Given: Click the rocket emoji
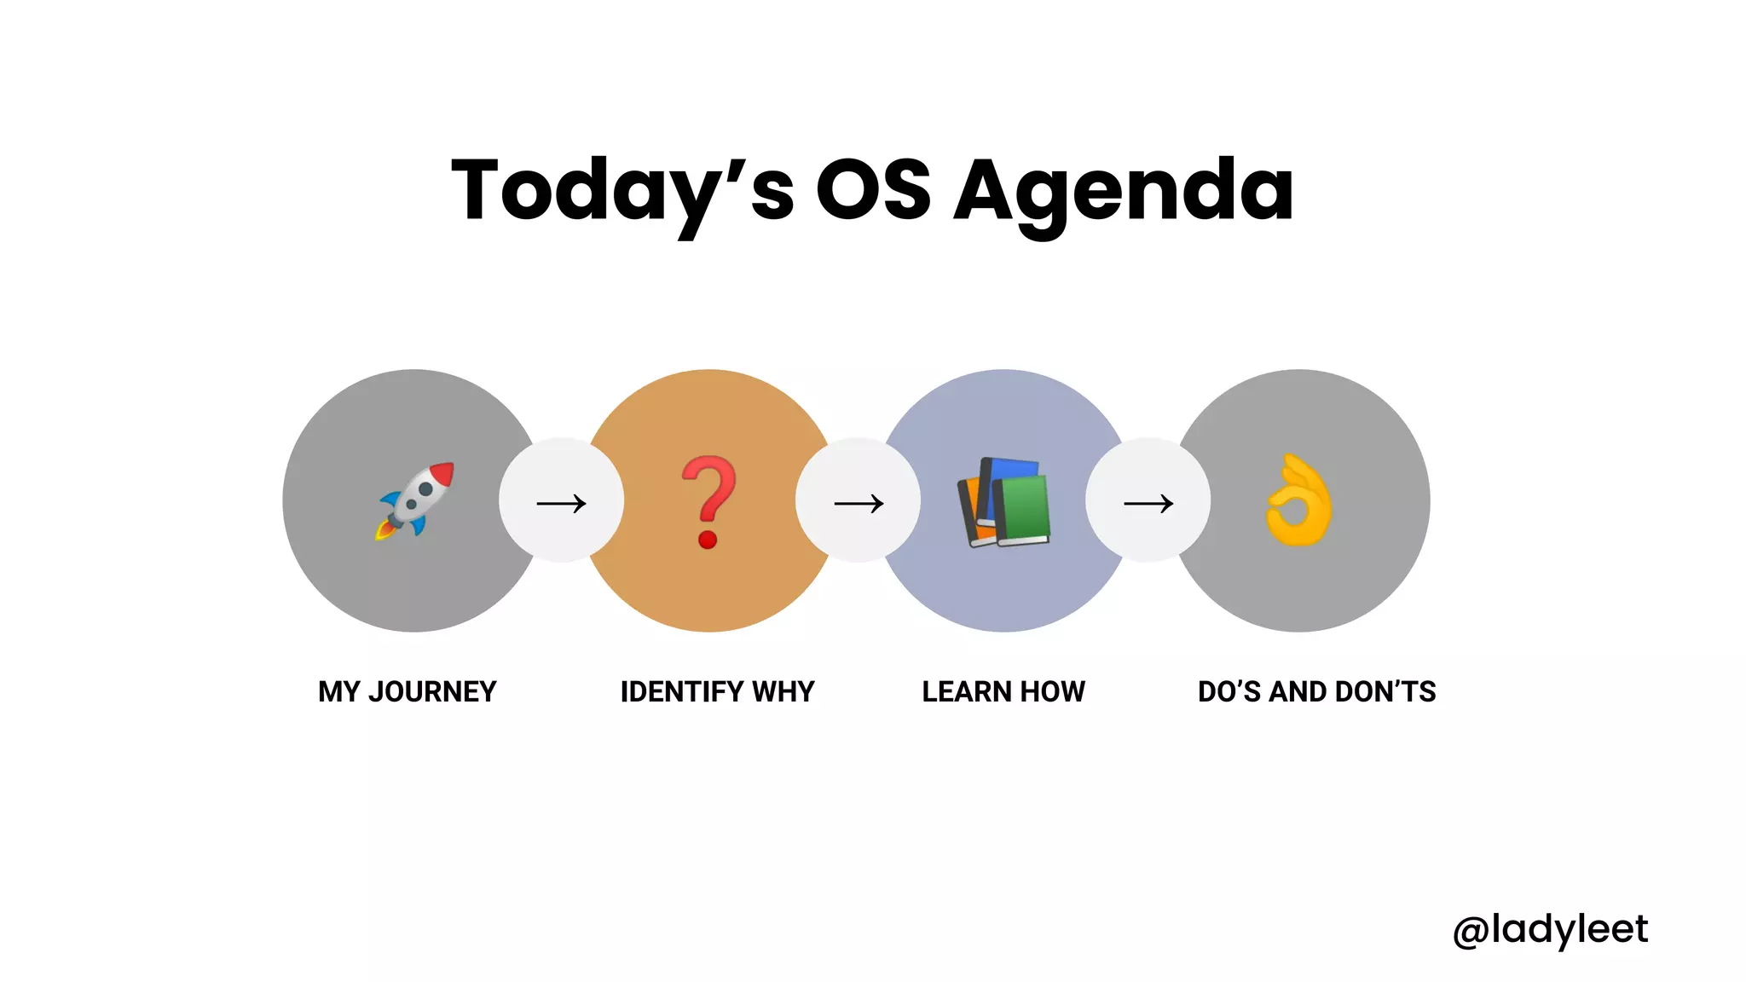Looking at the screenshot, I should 416,501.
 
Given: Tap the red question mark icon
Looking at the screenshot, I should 708,501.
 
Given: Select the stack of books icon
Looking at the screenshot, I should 1004,502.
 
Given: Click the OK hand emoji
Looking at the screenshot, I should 1298,500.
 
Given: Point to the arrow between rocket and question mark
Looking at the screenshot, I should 561,503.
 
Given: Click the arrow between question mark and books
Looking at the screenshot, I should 859,504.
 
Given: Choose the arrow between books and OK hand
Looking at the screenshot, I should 1148,504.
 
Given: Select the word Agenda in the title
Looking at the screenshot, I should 1123,193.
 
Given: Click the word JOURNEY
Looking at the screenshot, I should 432,691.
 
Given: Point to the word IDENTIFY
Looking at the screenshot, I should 682,691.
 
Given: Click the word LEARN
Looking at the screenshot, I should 966,691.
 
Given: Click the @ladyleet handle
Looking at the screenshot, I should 1550,929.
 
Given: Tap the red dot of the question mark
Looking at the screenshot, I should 708,540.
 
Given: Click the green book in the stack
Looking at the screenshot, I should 1022,511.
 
